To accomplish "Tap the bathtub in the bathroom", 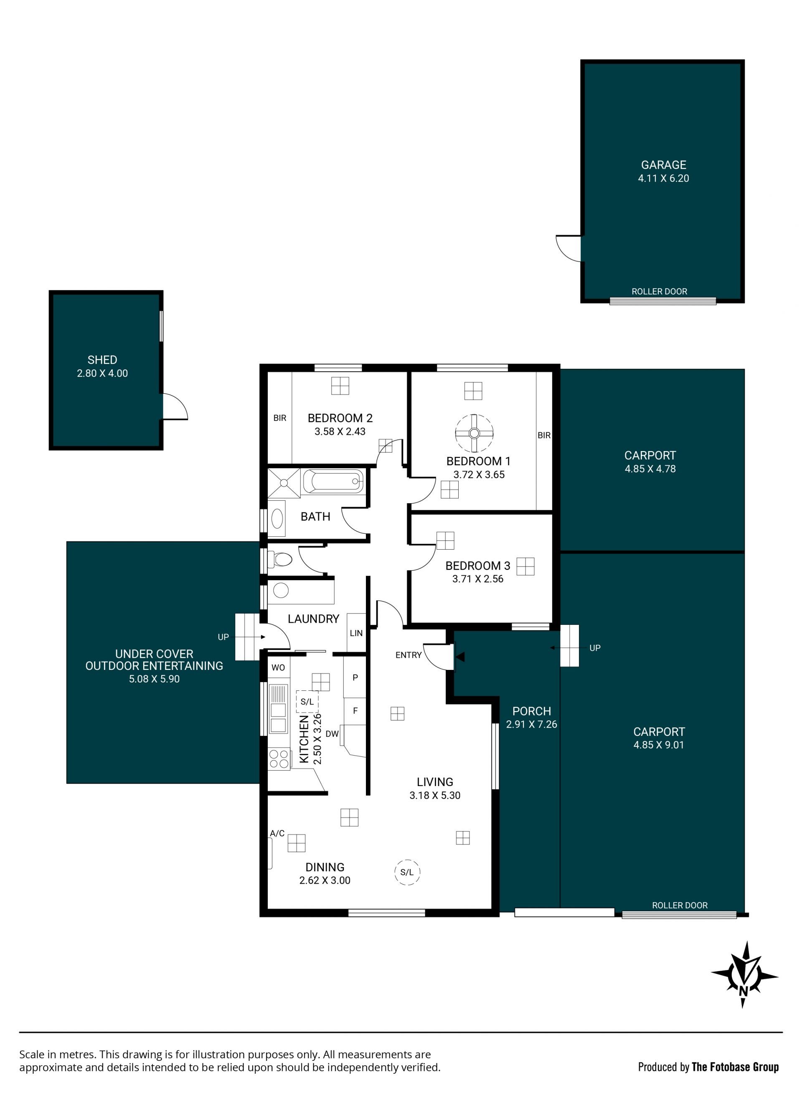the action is coord(332,482).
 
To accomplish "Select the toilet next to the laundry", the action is coord(280,560).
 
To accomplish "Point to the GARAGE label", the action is coord(663,165).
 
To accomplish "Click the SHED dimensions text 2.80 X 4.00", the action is coord(102,373).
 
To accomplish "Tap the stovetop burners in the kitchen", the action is coord(279,759).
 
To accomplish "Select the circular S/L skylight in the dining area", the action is coord(407,872).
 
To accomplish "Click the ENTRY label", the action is coord(408,655).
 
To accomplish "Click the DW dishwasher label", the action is coord(332,734).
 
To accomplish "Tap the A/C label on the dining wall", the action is coord(277,833).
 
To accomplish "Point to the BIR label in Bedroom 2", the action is coord(279,418).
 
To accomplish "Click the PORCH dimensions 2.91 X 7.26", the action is coord(532,724).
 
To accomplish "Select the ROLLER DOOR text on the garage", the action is coord(659,292).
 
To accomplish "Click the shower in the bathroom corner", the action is coord(284,482).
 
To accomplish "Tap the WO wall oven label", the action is coord(278,667).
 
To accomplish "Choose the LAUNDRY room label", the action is coord(313,619).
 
